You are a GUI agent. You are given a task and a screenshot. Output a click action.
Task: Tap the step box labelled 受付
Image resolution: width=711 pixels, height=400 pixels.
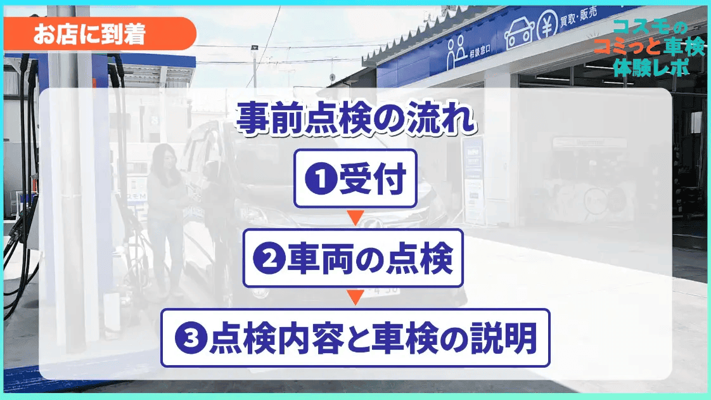click(x=355, y=179)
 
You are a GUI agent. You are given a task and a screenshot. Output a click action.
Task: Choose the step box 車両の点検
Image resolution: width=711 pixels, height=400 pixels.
click(x=354, y=259)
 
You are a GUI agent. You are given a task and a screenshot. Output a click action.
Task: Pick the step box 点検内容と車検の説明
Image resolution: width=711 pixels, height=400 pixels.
click(x=355, y=338)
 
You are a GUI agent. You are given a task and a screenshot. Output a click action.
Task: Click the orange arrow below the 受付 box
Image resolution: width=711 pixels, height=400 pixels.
click(x=355, y=219)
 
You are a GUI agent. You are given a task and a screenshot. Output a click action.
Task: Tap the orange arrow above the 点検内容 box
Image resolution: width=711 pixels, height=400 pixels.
click(x=355, y=298)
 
